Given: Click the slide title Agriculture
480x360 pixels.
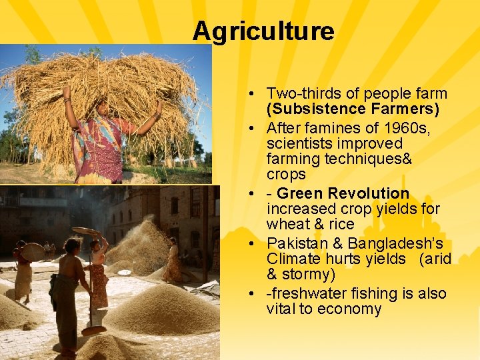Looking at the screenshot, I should [263, 31].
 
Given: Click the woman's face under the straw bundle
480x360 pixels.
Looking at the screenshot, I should [103, 107].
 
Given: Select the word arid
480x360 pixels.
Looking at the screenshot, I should [438, 259].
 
